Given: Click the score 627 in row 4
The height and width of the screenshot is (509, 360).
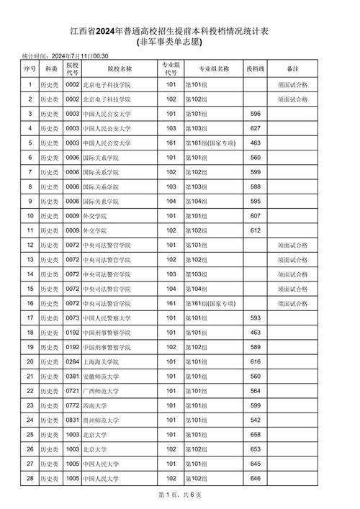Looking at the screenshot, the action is (254, 129).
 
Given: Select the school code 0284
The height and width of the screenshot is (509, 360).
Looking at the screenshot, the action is (72, 361).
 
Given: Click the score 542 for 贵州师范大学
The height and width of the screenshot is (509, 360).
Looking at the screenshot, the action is (254, 420).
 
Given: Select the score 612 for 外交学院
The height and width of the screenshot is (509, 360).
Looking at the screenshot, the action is (254, 230).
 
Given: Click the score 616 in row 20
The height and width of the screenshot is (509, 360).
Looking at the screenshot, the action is (254, 361).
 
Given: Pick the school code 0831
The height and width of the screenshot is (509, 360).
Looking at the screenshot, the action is (72, 420).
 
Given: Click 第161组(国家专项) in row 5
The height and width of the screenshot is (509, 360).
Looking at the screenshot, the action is (212, 143).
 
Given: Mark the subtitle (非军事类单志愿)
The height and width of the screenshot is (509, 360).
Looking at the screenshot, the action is (179, 42).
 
